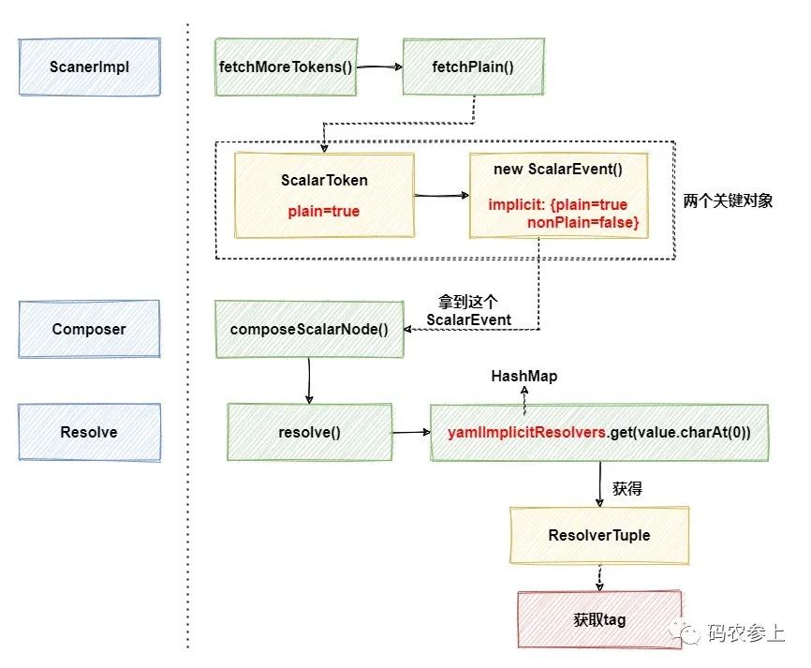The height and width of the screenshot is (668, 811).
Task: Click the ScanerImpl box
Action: (x=90, y=67)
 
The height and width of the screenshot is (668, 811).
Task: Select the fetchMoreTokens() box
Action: (x=286, y=67)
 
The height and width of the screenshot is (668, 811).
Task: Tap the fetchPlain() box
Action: (x=473, y=67)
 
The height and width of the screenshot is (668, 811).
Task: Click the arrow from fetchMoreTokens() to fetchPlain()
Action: (x=379, y=67)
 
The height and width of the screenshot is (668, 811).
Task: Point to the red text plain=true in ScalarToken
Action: (x=324, y=211)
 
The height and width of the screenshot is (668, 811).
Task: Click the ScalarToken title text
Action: (x=324, y=180)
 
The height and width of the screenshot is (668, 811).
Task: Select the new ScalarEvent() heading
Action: (x=558, y=170)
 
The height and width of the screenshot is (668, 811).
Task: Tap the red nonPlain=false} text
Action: (x=582, y=222)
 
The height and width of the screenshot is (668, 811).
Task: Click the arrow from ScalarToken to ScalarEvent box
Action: (x=442, y=196)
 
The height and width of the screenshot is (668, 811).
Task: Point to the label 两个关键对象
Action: (x=728, y=200)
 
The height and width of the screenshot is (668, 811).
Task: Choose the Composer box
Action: (x=90, y=329)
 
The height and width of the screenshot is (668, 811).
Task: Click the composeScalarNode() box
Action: (x=309, y=329)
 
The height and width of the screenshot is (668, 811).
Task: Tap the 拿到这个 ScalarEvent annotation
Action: (x=468, y=310)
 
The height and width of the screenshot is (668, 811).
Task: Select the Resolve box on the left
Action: (x=90, y=432)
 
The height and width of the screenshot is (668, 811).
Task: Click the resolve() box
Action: (x=309, y=432)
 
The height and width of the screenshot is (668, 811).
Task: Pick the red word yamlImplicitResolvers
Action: (x=526, y=432)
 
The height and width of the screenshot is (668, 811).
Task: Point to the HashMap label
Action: (x=523, y=377)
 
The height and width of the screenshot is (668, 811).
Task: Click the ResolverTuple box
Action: (x=599, y=535)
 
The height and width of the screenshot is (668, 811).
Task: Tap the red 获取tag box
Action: (x=599, y=619)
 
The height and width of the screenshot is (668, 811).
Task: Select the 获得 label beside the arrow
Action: (x=627, y=488)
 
